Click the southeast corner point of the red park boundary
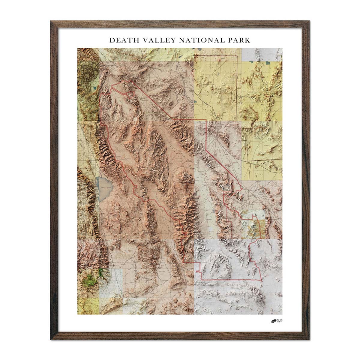pyautogui.click(x=262, y=280)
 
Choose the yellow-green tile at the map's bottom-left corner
pyautogui.click(x=88, y=306)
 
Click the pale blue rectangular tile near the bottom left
pyautogui.click(x=115, y=282)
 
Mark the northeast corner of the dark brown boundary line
pyautogui.click(x=237, y=56)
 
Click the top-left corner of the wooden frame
pyautogui.click(x=51, y=21)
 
